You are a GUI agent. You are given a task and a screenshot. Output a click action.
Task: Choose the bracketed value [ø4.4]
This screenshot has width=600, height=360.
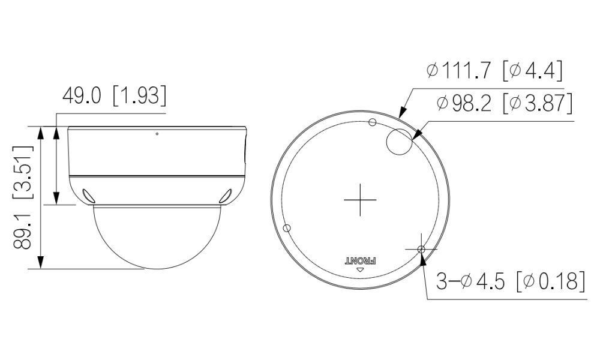[533, 71]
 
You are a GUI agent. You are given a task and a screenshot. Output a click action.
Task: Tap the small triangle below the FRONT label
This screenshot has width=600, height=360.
[360, 270]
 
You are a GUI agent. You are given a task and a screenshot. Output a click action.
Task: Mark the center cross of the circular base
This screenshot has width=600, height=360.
[360, 199]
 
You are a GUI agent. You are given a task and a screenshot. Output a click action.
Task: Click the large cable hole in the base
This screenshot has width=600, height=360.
[399, 142]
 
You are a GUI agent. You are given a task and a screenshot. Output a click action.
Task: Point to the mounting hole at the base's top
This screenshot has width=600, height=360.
[373, 123]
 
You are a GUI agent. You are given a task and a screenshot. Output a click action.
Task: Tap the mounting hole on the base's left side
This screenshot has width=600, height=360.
[287, 228]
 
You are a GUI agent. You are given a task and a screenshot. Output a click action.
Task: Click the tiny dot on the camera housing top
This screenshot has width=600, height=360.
[157, 133]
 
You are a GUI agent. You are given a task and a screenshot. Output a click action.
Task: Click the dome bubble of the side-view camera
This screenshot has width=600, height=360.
[157, 237]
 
